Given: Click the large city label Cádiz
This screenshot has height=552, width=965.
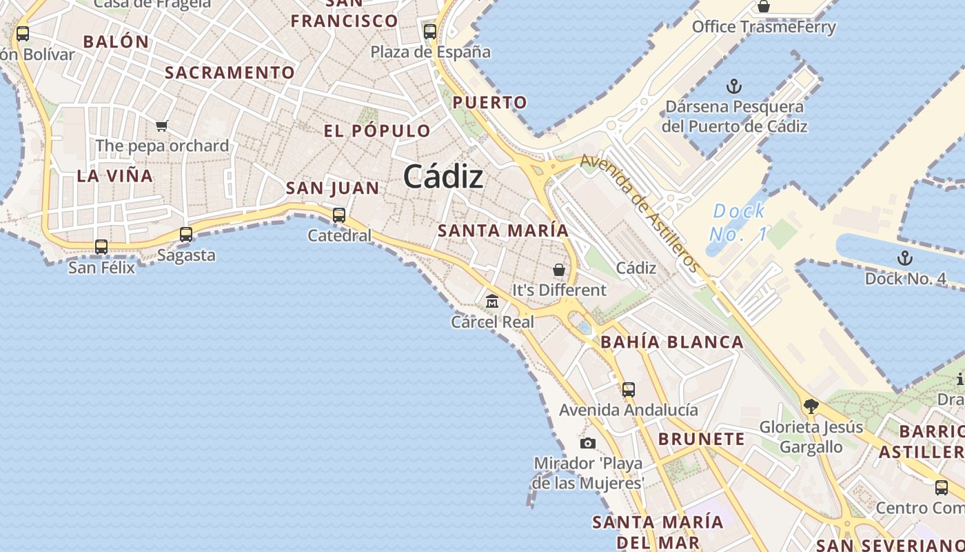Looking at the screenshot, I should pos(443,177).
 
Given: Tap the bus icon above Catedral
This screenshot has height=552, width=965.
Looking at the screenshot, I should pos(339,215).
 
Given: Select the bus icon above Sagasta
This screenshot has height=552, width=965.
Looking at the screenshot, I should pos(186,234).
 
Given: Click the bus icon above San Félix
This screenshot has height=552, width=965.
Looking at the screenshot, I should pos(101,246).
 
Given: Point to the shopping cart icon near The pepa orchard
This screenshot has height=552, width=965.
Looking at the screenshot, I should pos(162,125).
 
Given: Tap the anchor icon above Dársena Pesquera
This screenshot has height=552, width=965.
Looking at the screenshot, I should pos(734,86).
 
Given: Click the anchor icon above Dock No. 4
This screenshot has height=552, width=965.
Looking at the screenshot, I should pos(904,258).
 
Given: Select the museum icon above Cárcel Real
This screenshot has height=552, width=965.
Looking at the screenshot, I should pos(492,301).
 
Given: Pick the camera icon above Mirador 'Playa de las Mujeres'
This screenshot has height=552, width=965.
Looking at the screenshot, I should pos(588,443).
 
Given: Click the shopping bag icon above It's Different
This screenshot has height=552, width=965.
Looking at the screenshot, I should pos(559,269).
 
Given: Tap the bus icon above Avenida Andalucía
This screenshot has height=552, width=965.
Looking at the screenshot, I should pos(629,389).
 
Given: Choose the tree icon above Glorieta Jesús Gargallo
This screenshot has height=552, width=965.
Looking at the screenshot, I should pos(811,406).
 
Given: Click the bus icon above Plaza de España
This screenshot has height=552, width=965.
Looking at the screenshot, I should pos(430,31).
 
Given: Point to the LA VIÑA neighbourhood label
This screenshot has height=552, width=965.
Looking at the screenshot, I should pos(115,175).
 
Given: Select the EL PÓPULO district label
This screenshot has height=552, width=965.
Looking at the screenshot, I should pos(377,130).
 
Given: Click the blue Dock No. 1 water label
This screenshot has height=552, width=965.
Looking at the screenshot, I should pos(738,222).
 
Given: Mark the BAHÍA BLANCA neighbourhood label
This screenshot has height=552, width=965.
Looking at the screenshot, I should pos(672,342).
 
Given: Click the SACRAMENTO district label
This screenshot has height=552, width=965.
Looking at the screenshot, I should pos(230,72).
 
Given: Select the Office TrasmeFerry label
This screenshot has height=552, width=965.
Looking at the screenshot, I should pos(764,27).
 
